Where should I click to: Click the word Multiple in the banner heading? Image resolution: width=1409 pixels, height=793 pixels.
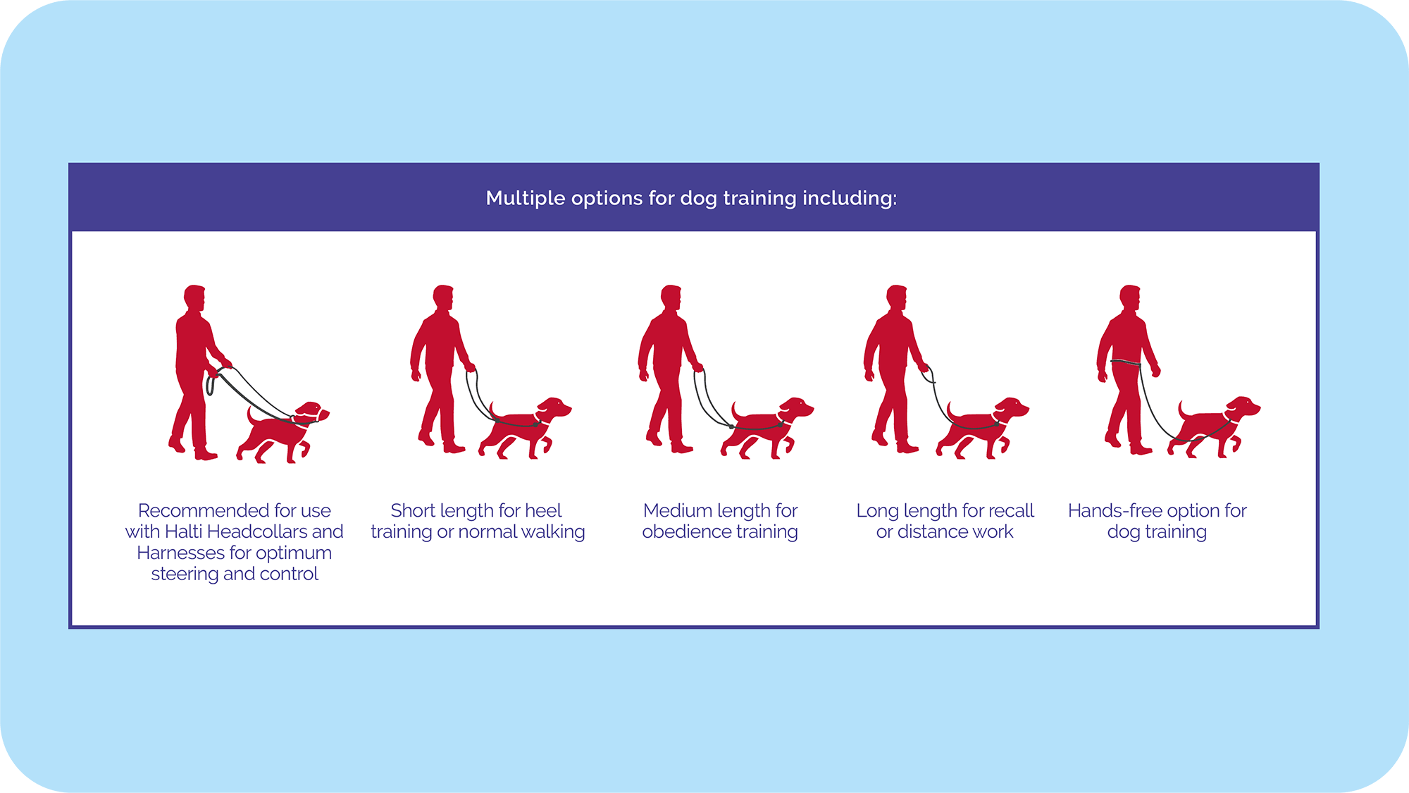[x=526, y=198]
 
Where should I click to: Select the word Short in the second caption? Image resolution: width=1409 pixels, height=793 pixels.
[x=413, y=510]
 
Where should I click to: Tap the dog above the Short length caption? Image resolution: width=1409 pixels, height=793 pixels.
[x=525, y=429]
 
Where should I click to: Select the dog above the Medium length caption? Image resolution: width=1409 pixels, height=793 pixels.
[x=766, y=429]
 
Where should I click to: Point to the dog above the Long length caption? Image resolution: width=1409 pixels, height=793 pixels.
[x=982, y=429]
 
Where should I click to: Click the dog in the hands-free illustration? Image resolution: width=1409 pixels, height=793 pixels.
[x=1213, y=428]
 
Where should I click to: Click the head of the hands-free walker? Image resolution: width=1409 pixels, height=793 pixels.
[x=1130, y=297]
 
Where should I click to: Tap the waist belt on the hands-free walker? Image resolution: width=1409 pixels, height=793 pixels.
[x=1126, y=363]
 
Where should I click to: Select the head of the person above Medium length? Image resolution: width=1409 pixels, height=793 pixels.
[x=671, y=297]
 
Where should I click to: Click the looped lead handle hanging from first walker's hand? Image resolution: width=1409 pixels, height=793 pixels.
[x=210, y=385]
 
